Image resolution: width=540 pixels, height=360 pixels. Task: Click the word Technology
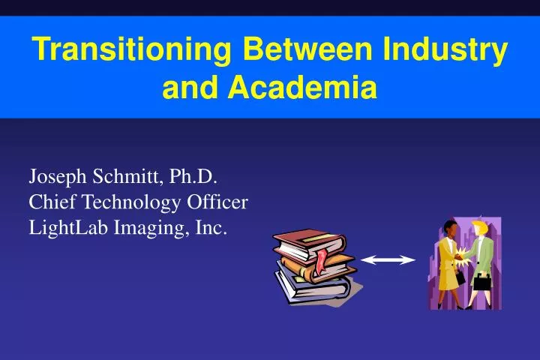pyautogui.click(x=130, y=202)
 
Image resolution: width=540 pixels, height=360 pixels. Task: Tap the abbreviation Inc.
pyautogui.click(x=211, y=226)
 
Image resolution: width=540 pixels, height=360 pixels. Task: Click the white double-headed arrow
pyautogui.click(x=388, y=259)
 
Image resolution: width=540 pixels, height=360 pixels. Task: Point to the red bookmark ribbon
pyautogui.click(x=322, y=261)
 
